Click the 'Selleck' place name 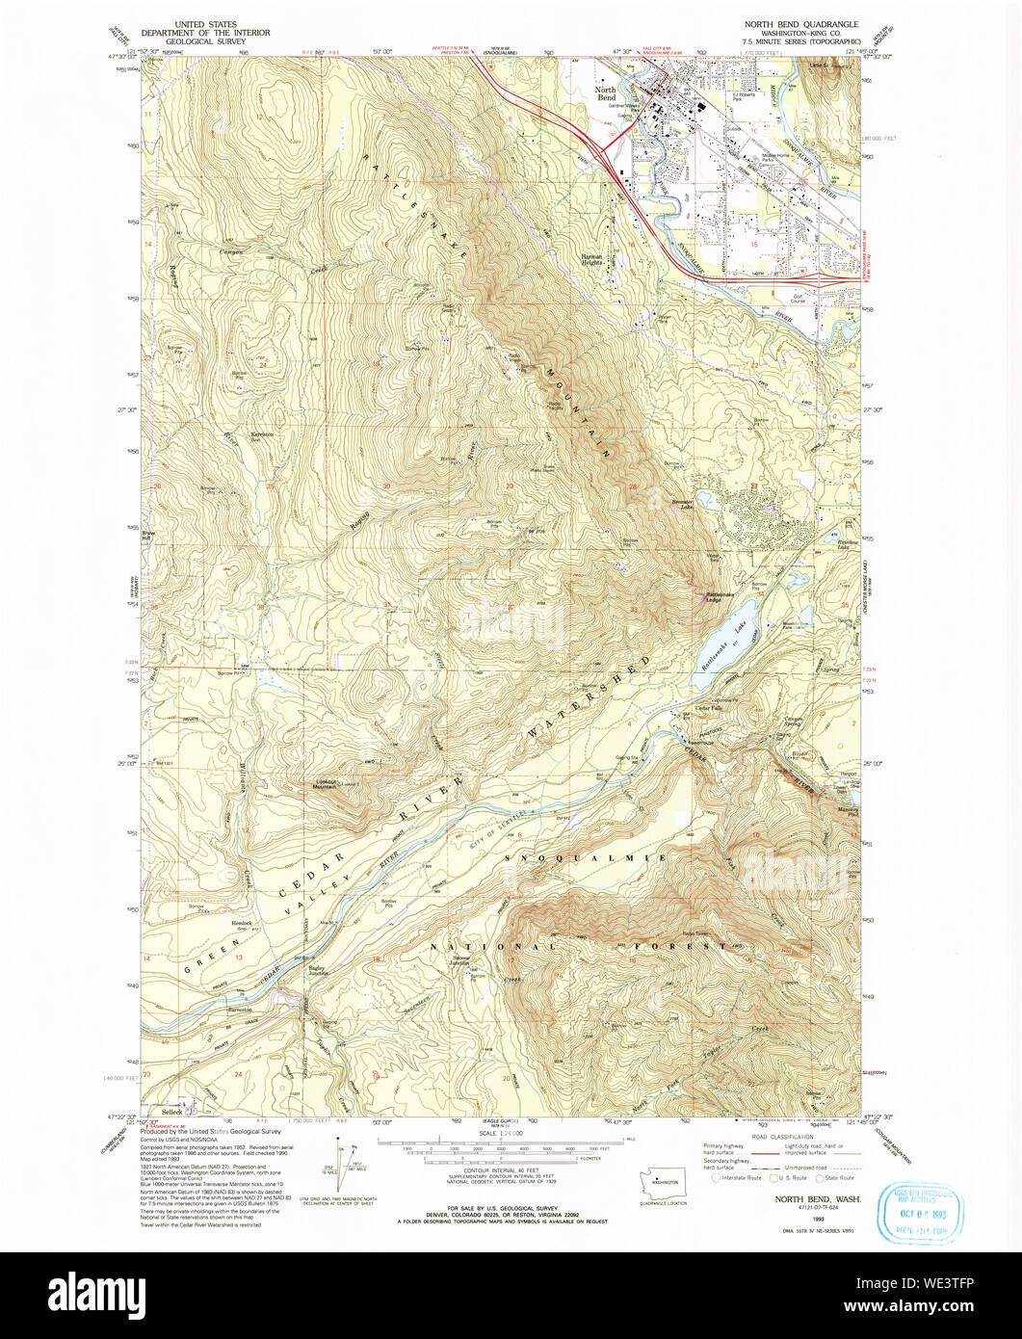(x=172, y=1111)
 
